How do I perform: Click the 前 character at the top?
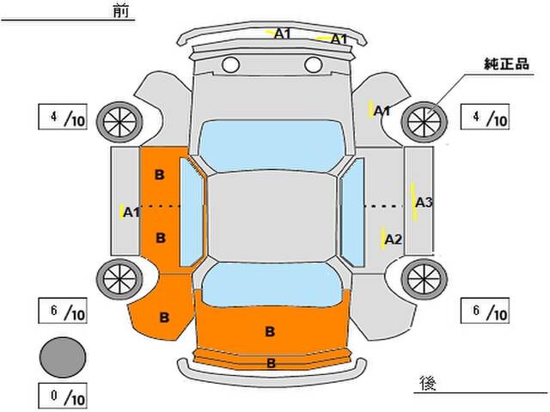121,10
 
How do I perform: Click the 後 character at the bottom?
428,384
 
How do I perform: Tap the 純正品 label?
506,64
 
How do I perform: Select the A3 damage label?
424,203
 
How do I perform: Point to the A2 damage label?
393,239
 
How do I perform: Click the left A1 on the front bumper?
283,33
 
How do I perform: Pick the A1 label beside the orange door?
131,212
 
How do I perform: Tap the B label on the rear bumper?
271,363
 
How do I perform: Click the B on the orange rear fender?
164,318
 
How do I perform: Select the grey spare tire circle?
63,357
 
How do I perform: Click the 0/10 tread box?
63,396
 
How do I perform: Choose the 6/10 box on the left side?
63,311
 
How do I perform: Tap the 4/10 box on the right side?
485,117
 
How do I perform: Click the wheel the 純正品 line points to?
424,122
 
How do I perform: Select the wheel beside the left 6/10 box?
119,279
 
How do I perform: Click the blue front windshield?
272,146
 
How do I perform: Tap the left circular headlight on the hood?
231,65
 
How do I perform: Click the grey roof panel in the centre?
272,217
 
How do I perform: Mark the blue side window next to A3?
352,212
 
